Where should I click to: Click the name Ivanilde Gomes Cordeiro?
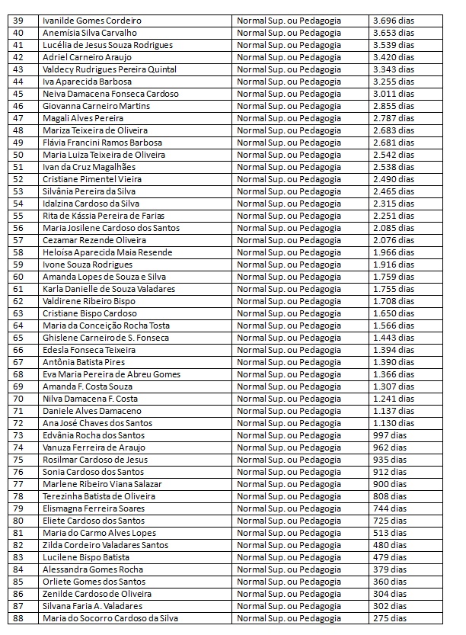[x=92, y=21]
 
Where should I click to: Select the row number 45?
[x=19, y=94]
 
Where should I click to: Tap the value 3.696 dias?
[x=394, y=21]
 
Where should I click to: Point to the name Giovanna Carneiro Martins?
[x=97, y=106]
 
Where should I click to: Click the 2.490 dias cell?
[x=394, y=179]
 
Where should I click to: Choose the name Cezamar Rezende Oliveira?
[x=95, y=240]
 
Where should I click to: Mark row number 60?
[x=19, y=277]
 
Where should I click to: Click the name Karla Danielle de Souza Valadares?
[x=109, y=289]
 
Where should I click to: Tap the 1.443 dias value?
[x=394, y=338]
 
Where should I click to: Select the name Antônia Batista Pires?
[x=84, y=362]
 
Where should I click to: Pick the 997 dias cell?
[x=390, y=435]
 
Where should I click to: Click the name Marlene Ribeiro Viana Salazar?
[x=102, y=484]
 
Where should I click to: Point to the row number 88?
[x=19, y=618]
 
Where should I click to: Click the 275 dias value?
[x=390, y=618]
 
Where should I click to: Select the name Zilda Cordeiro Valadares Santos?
[x=106, y=545]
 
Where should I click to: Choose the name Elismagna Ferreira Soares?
[x=94, y=508]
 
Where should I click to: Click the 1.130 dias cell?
[x=394, y=423]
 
